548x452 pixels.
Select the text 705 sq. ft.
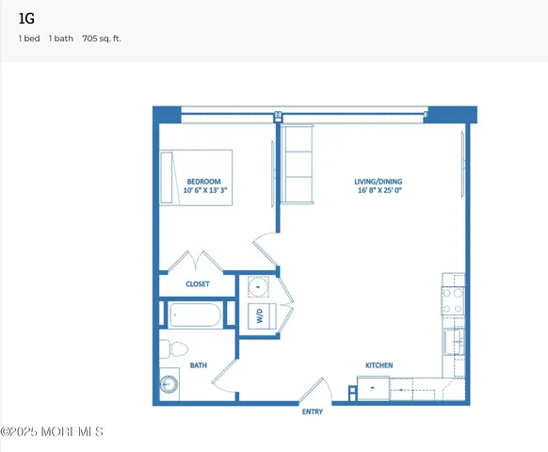point(102,39)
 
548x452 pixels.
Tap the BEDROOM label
point(203,181)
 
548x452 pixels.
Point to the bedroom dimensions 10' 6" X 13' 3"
point(207,190)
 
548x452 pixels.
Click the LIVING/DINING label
point(377,181)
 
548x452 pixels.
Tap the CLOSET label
point(198,283)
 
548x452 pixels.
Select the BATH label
point(198,365)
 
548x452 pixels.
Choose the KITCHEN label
point(379,365)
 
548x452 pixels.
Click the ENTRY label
point(313,412)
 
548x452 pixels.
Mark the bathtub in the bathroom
point(195,315)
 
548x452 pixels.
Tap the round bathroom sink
point(169,385)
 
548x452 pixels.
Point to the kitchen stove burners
point(454,297)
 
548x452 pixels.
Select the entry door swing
point(318,389)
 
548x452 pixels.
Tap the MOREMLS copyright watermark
point(52,432)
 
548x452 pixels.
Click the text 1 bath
point(62,39)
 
